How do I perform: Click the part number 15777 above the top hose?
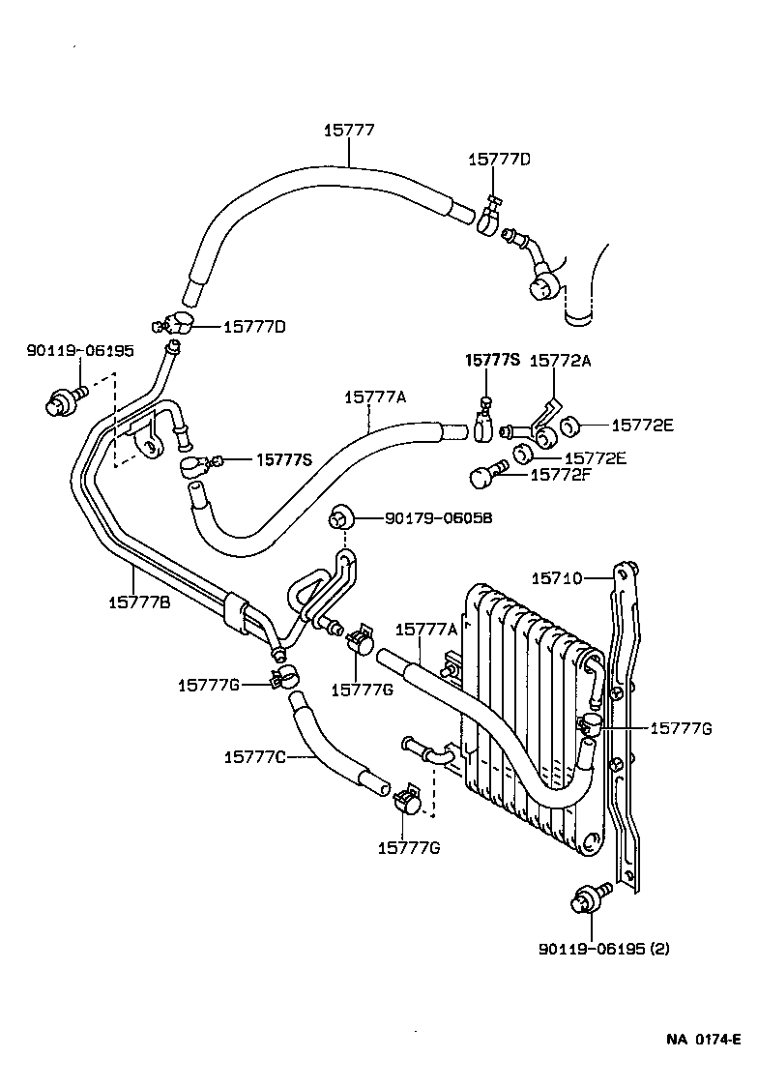[348, 129]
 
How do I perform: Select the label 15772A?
[560, 360]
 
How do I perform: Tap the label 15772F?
[560, 474]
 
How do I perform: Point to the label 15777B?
[139, 602]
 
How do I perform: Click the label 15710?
[557, 578]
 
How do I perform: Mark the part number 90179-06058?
[438, 518]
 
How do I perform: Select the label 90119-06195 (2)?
[603, 948]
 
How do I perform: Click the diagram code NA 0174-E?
[702, 1040]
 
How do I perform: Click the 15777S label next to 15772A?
[492, 360]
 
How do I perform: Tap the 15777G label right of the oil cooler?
[681, 728]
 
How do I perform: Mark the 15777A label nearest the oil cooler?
[425, 630]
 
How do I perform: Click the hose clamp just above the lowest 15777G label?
[407, 802]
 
